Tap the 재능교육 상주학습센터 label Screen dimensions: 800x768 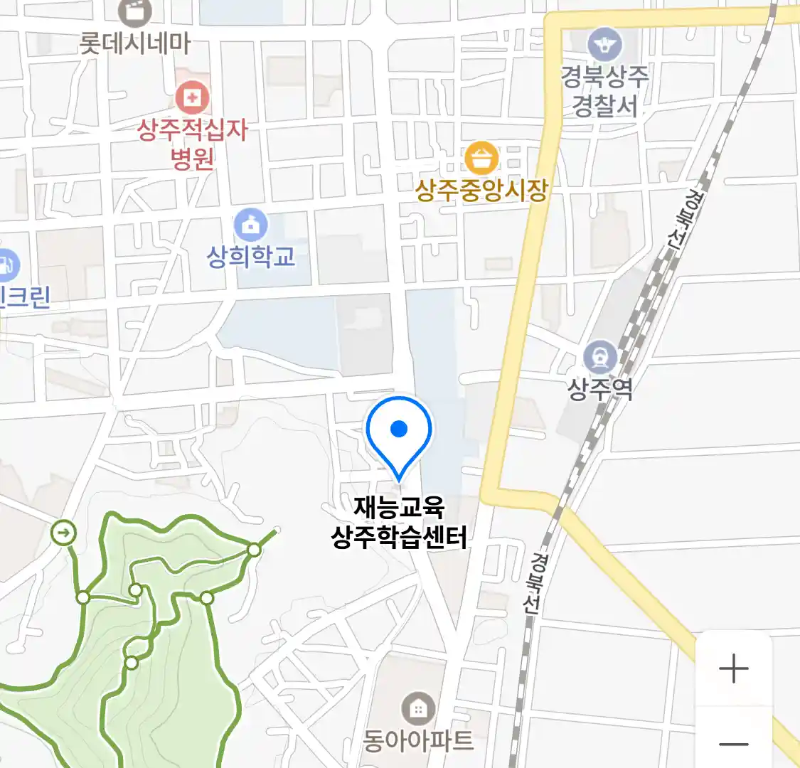click(399, 522)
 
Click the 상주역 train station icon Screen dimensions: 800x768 click(600, 356)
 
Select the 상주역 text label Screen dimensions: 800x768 click(600, 388)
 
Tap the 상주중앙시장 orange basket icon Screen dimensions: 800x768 click(481, 158)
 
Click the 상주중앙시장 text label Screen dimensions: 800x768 click(481, 191)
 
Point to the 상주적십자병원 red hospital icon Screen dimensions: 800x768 click(192, 97)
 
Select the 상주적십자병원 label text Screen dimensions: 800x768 click(192, 143)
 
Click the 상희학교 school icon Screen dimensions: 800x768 click(250, 225)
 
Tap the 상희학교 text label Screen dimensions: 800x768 click(250, 256)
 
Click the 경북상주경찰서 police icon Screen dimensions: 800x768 click(604, 46)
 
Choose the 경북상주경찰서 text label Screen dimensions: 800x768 click(604, 91)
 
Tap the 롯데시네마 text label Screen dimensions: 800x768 click(134, 44)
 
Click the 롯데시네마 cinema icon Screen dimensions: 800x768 click(134, 11)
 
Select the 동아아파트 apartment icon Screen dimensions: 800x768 click(418, 708)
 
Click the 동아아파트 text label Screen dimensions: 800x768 click(418, 741)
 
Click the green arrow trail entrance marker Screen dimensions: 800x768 click(64, 532)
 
